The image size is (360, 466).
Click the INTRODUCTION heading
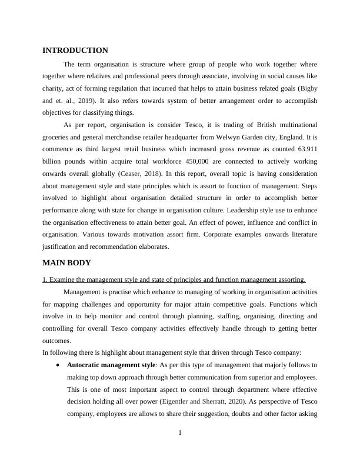click(x=75, y=51)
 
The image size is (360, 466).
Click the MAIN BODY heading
click(x=66, y=262)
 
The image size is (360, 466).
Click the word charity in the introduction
click(x=52, y=88)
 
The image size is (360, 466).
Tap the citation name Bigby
click(x=308, y=88)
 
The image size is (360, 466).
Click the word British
click(x=243, y=125)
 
